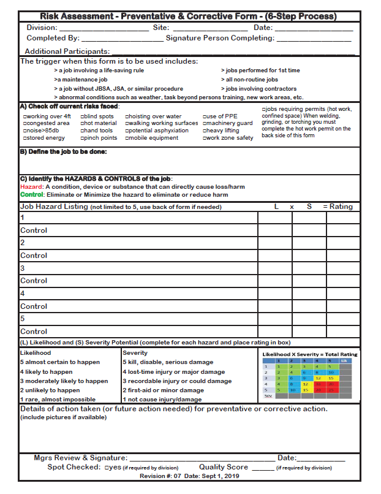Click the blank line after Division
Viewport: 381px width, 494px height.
(x=104, y=29)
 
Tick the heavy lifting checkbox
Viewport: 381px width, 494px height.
(x=205, y=131)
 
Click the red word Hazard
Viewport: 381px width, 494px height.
(x=31, y=187)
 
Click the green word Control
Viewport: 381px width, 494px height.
(x=32, y=195)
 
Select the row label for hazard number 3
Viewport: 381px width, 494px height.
(x=23, y=268)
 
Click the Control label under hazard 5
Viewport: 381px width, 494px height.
(x=34, y=332)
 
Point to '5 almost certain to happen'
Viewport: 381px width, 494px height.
(x=60, y=362)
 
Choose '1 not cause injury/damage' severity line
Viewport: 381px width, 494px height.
(x=163, y=400)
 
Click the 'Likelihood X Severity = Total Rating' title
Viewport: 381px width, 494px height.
(x=310, y=354)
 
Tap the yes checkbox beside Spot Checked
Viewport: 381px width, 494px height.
(x=107, y=468)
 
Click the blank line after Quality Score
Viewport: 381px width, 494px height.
(x=262, y=468)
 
